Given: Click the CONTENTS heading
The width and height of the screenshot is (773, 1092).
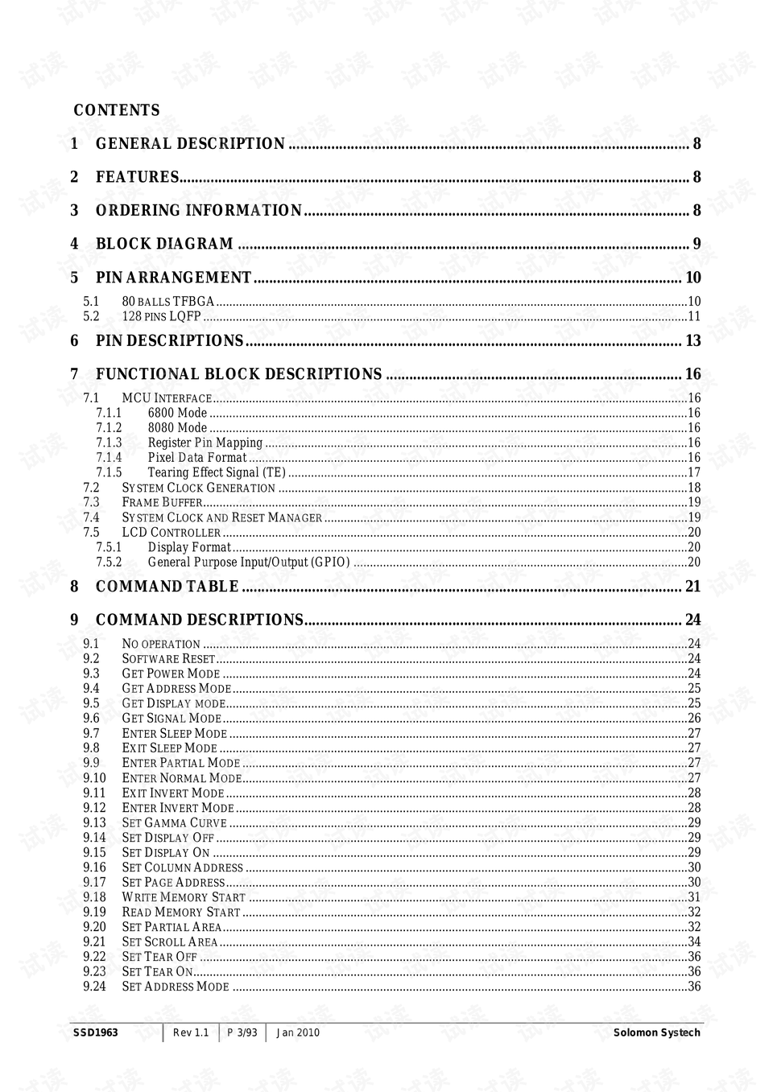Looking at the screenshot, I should tap(117, 110).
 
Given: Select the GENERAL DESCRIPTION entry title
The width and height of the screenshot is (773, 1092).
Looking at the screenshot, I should tap(190, 144).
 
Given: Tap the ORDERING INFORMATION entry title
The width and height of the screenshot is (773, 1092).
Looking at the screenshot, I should tap(199, 211).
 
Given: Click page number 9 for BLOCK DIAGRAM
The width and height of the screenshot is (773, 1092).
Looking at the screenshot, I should tap(697, 244).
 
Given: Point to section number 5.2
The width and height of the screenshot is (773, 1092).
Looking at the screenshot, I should tap(91, 316).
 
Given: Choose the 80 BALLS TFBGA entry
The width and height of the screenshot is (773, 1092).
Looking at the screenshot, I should tap(168, 302).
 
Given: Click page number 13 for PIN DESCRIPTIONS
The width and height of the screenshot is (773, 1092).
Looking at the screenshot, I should tap(692, 341).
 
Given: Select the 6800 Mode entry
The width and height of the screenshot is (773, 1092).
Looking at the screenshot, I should tap(177, 413).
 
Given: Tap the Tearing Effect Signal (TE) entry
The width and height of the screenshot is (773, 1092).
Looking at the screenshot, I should tap(217, 472).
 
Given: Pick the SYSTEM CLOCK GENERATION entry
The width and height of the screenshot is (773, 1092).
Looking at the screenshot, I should tap(199, 488).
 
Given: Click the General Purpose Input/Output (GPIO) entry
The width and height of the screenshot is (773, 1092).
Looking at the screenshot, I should tap(249, 562).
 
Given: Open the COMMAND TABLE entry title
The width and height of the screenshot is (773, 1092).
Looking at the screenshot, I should tap(167, 587).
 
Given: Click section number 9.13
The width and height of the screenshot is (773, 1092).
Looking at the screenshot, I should tap(94, 822).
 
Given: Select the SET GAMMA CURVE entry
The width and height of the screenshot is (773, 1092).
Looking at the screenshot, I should tap(174, 822).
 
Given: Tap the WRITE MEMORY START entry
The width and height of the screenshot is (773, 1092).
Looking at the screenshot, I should tap(184, 897).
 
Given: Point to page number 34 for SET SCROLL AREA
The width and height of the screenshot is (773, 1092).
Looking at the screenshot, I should tap(694, 942).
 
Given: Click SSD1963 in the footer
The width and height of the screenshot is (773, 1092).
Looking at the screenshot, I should tap(95, 1032).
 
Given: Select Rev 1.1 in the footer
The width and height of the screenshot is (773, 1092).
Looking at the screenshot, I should tap(191, 1032).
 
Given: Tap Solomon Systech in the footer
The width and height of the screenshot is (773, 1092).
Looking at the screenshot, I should tap(656, 1032).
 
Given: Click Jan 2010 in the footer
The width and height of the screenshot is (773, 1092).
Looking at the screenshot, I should tap(298, 1032).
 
